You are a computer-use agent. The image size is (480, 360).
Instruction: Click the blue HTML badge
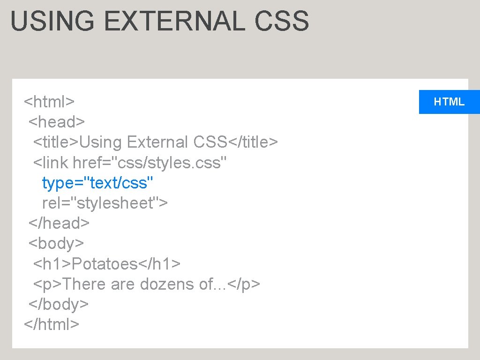449,102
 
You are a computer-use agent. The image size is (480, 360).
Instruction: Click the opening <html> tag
49,102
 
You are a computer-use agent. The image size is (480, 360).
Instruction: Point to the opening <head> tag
57,122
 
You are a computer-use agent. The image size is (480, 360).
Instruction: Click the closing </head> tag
59,223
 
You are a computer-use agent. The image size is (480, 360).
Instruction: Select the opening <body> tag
56,243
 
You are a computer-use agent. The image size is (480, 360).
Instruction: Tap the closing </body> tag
58,304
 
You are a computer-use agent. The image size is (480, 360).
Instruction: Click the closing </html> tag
52,324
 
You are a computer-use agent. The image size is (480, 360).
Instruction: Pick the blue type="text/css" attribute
97,183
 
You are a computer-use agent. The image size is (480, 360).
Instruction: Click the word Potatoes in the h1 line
104,264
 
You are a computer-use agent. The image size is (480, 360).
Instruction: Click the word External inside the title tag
157,142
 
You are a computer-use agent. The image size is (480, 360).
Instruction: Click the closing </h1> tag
159,264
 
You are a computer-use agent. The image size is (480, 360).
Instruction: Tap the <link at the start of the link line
51,163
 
